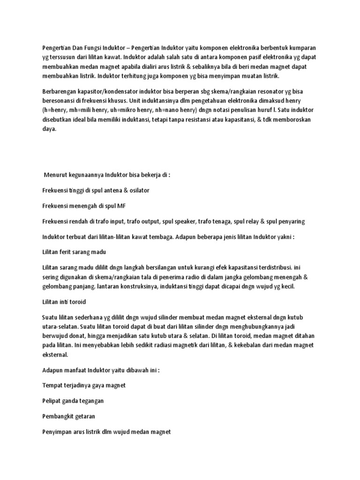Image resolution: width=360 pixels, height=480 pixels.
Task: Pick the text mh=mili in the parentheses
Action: click(x=82, y=110)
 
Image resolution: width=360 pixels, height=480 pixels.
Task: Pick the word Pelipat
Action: click(x=53, y=401)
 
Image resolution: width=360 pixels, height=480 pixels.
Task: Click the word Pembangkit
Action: click(x=59, y=416)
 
